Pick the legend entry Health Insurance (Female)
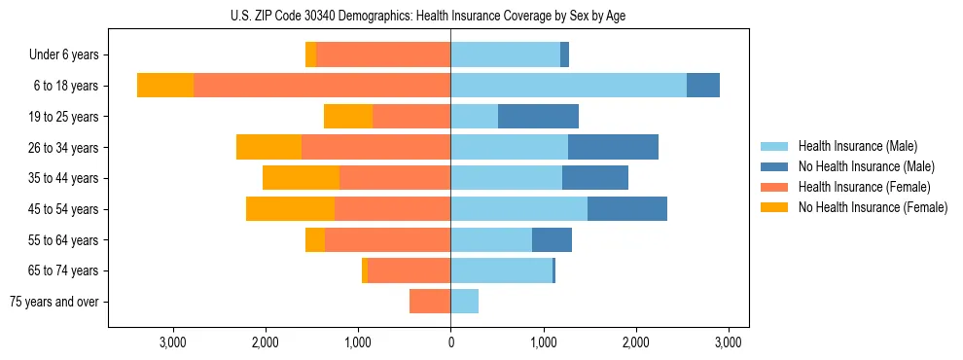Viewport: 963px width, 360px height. [864, 187]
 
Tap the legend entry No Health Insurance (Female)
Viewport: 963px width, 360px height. [873, 207]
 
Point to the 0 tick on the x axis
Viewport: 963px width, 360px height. [450, 342]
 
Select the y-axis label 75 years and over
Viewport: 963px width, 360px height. [54, 302]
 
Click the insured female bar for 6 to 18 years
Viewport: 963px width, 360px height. [322, 86]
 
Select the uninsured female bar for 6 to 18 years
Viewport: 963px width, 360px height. [165, 86]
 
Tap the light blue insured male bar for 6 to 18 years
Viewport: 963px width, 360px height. [568, 86]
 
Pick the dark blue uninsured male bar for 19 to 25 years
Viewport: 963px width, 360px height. [538, 117]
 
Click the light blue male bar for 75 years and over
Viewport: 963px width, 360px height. [464, 302]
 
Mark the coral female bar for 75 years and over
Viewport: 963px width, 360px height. [430, 302]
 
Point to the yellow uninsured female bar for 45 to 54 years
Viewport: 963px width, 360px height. [290, 209]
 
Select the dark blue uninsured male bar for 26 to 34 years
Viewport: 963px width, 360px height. [613, 147]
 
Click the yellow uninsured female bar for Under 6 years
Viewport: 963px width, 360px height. [310, 54]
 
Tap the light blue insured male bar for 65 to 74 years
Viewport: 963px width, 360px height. [501, 270]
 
